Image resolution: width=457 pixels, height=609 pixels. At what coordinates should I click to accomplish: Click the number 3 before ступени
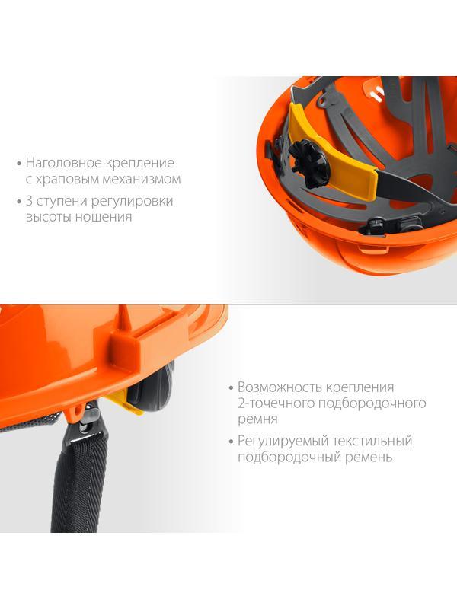(x=30, y=202)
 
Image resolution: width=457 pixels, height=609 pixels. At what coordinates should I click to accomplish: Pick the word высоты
(x=49, y=217)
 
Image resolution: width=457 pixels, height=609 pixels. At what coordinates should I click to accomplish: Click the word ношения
(x=105, y=217)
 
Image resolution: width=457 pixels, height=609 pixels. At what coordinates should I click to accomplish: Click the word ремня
(x=257, y=419)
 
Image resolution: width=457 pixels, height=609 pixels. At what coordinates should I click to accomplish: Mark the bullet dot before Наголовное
(x=18, y=163)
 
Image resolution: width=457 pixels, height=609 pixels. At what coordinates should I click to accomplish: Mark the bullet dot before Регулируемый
(x=230, y=442)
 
